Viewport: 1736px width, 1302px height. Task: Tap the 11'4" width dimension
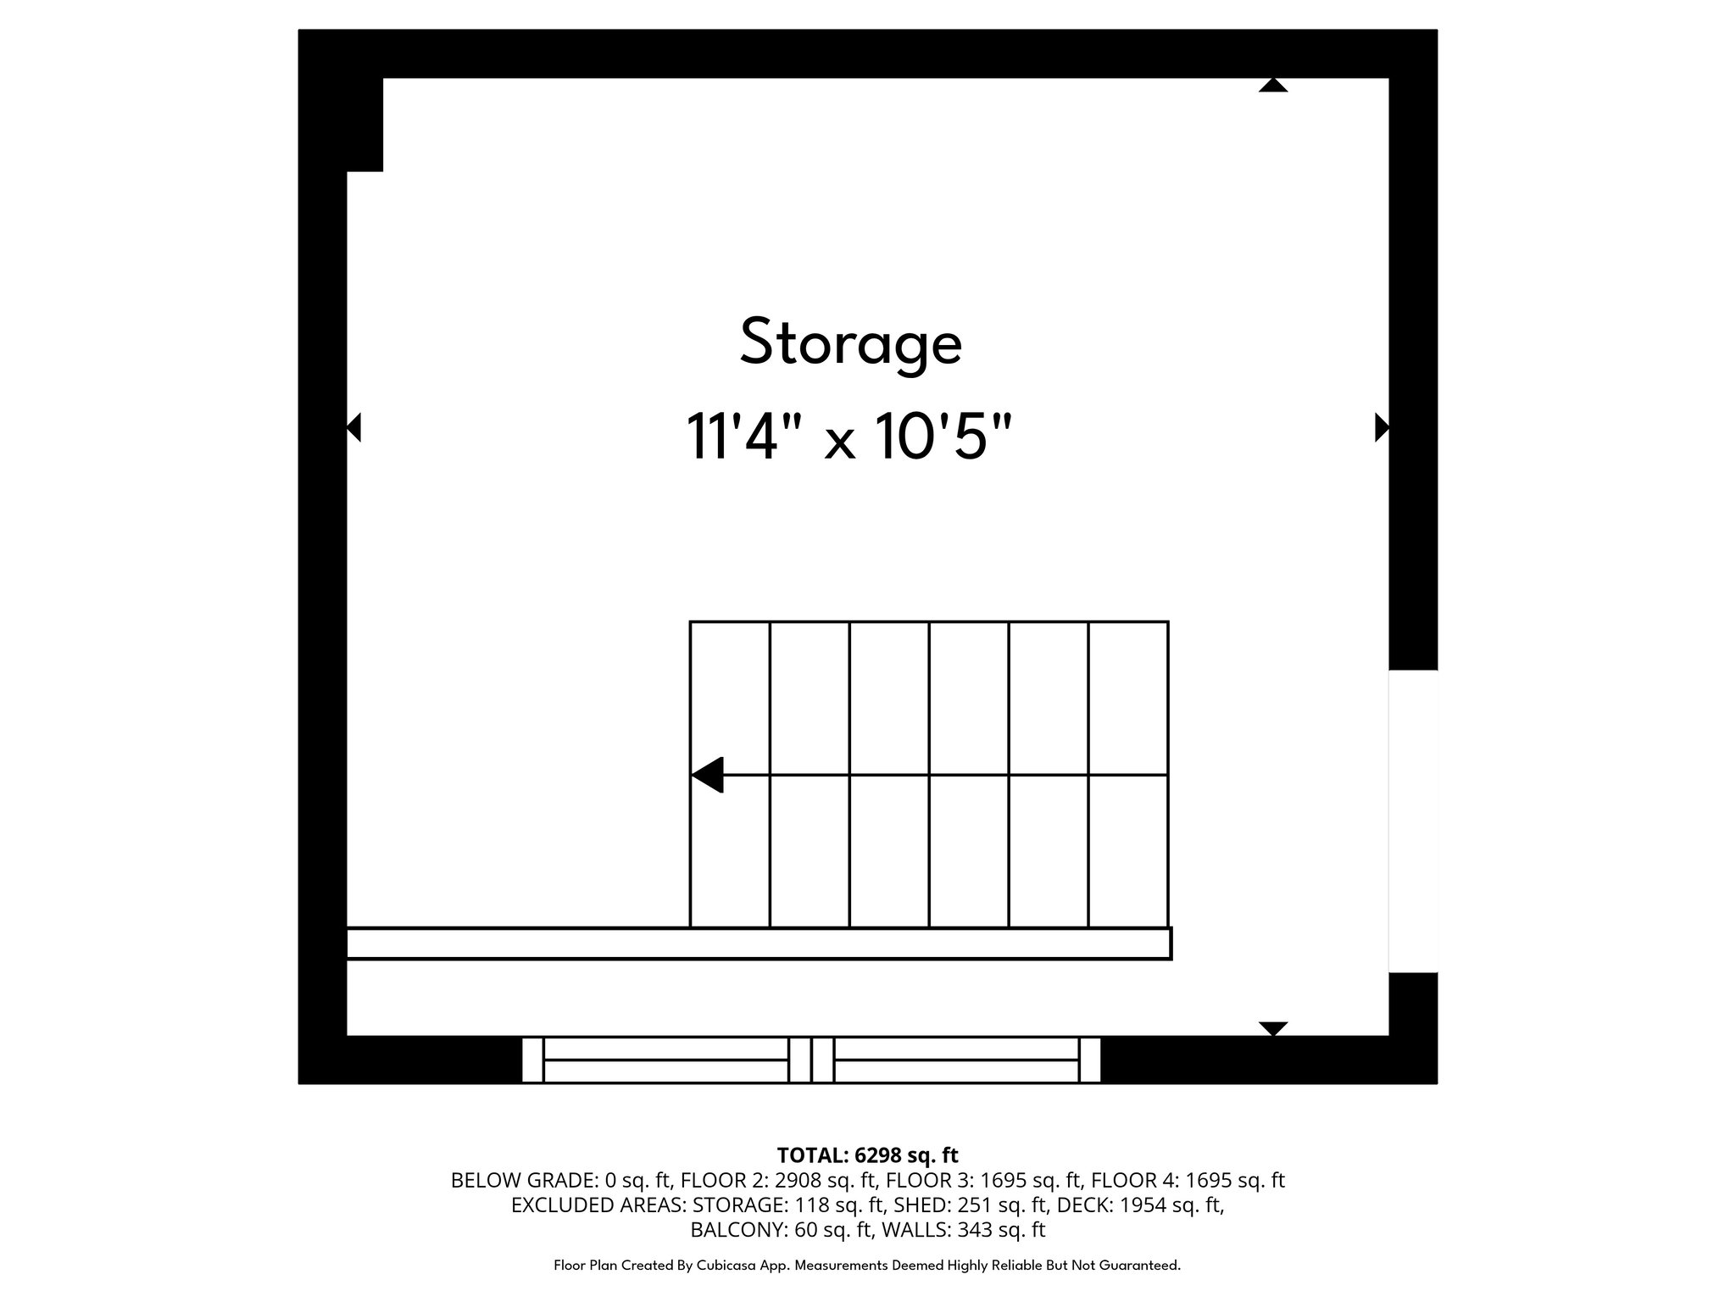pos(732,437)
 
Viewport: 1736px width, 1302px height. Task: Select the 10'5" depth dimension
pos(943,437)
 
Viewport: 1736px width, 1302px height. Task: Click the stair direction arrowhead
pos(708,775)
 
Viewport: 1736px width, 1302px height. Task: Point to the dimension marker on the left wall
pos(354,427)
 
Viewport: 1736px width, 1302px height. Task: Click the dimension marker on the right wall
pos(1381,427)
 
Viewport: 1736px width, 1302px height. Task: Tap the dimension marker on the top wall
pos(1272,85)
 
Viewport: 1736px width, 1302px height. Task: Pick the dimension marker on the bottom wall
pos(1272,1028)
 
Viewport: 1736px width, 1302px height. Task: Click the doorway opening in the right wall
pos(1412,821)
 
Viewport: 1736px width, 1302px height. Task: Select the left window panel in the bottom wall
pos(665,1060)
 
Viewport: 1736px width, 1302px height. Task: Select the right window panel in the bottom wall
pos(956,1060)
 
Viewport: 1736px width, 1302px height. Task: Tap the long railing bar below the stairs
pos(759,943)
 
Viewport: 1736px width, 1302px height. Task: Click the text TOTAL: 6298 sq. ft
pos(867,1155)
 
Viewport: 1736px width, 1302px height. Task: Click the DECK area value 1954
pos(1143,1205)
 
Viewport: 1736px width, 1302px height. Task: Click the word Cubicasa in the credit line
pos(728,1266)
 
